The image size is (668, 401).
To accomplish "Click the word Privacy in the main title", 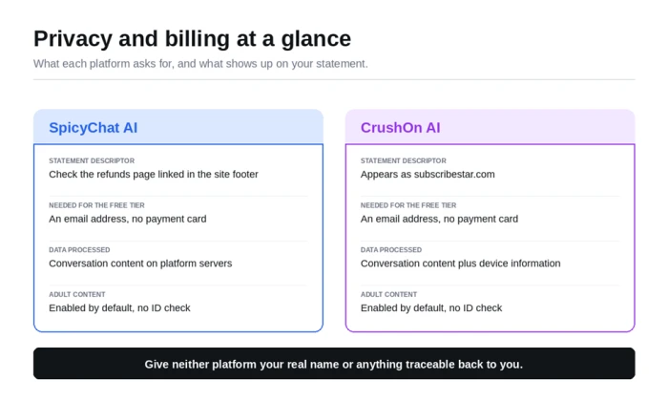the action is pos(73,39).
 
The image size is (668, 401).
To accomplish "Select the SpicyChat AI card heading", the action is pos(93,128).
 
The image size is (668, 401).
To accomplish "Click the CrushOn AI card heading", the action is pos(400,128).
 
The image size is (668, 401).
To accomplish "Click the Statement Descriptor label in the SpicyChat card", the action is pos(92,160).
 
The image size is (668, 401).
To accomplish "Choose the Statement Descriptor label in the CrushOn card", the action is pos(403,160).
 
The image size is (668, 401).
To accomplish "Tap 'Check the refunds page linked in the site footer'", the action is pos(154,175).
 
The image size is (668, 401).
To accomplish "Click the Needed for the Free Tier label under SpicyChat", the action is pos(96,205).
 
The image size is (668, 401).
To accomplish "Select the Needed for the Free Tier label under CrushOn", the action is pos(408,205).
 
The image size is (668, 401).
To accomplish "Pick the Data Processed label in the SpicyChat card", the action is pos(79,250).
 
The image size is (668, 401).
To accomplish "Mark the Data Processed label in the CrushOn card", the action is pos(391,250).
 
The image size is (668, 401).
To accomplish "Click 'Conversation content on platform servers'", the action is pos(140,264).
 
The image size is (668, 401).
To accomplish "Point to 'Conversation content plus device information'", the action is pos(461,264).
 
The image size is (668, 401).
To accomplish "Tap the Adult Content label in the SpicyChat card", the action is pos(76,294).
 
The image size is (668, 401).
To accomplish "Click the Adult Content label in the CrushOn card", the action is pos(388,294).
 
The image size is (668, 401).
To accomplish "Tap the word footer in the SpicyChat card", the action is pos(244,175).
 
